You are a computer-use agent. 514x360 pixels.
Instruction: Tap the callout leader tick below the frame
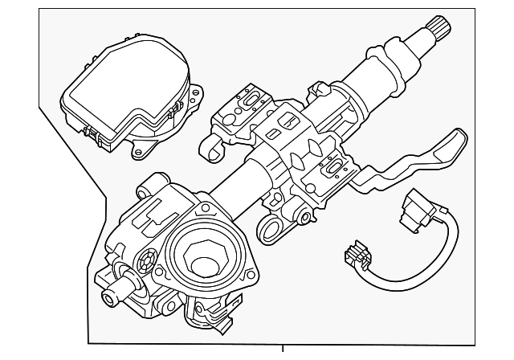click(x=283, y=350)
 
